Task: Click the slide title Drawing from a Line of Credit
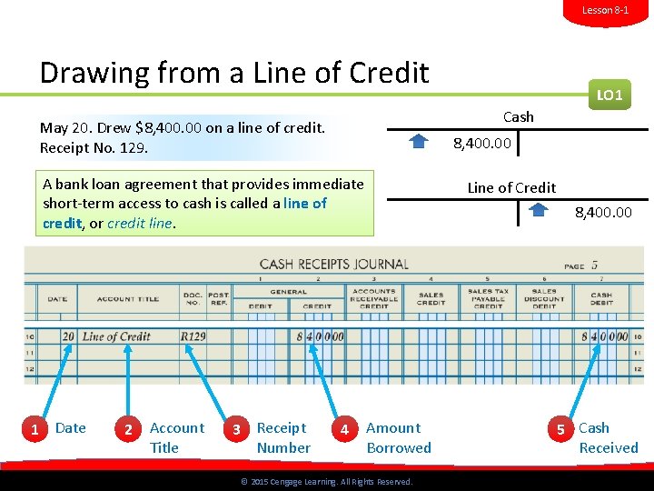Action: click(234, 72)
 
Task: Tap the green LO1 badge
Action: click(609, 95)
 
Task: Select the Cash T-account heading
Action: click(518, 116)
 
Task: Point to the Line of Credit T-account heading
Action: click(511, 187)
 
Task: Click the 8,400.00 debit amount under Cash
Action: click(482, 143)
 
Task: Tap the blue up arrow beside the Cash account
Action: click(419, 141)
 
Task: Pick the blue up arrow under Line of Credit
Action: click(539, 210)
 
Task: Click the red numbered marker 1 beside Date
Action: click(35, 428)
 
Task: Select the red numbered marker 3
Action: click(236, 428)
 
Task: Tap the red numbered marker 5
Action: click(560, 428)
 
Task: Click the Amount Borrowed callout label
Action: click(399, 437)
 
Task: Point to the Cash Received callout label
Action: click(609, 437)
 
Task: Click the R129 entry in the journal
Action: click(193, 336)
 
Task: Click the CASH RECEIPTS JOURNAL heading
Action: click(333, 265)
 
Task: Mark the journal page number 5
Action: click(594, 266)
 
